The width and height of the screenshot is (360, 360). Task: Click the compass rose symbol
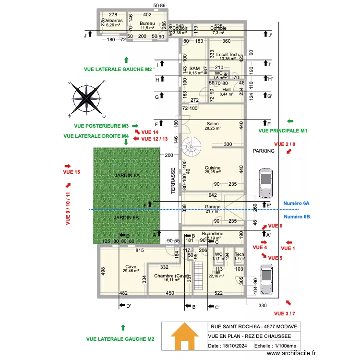point(87,98)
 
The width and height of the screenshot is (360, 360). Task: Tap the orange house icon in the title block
point(185,336)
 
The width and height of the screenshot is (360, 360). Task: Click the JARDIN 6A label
point(127,176)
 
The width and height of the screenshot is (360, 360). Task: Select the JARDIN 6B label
point(127,218)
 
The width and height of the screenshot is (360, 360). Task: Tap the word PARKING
point(264,151)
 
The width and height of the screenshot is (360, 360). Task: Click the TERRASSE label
point(174,180)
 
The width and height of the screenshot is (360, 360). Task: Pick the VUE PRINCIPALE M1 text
point(282,131)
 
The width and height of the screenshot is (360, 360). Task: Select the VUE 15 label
point(71,172)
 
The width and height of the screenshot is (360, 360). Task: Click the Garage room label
point(213,207)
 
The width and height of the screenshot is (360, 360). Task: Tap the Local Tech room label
point(227,55)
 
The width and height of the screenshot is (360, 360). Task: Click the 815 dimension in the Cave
point(139,251)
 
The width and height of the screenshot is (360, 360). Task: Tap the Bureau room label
point(147,24)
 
